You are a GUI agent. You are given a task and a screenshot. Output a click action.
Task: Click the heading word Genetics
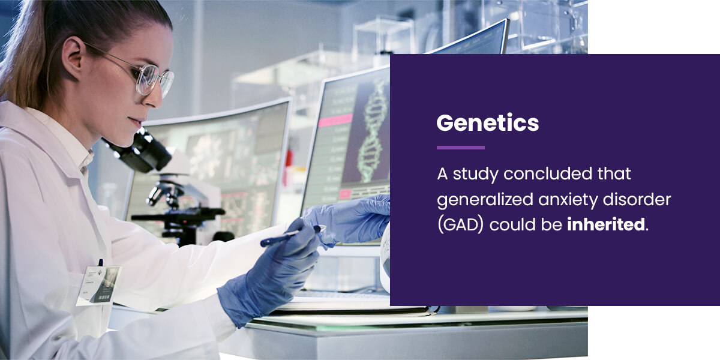coord(487,124)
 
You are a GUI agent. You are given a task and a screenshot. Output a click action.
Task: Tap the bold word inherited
coord(606,224)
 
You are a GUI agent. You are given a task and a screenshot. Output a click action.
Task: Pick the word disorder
coord(637,199)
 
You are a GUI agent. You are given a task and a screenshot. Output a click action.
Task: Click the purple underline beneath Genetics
coord(461,148)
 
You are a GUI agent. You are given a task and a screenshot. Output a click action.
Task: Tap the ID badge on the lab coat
coord(98,286)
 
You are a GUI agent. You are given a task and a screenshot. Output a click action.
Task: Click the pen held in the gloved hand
coord(290,236)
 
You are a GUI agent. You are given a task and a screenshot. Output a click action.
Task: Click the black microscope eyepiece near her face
coord(142,152)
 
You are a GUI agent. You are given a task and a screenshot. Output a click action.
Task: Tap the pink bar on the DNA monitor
coord(335,120)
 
